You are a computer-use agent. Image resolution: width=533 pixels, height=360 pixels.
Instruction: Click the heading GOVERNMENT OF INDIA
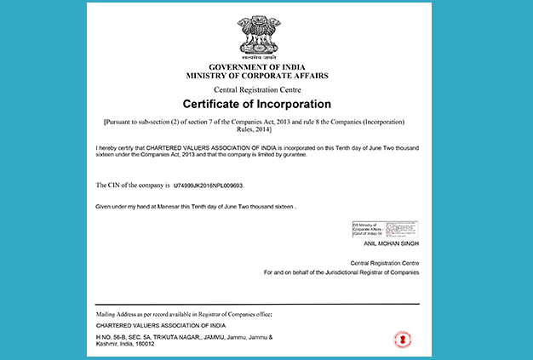click(256, 66)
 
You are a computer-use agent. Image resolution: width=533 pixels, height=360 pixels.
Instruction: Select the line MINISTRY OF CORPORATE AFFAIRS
click(256, 76)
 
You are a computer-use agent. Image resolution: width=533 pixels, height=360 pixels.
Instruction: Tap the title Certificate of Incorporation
click(256, 104)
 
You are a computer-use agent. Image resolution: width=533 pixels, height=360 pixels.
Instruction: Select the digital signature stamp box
click(385, 229)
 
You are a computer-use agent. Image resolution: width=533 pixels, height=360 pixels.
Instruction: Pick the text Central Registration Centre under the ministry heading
click(256, 89)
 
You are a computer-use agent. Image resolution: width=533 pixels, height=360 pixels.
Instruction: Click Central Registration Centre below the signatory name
click(384, 263)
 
